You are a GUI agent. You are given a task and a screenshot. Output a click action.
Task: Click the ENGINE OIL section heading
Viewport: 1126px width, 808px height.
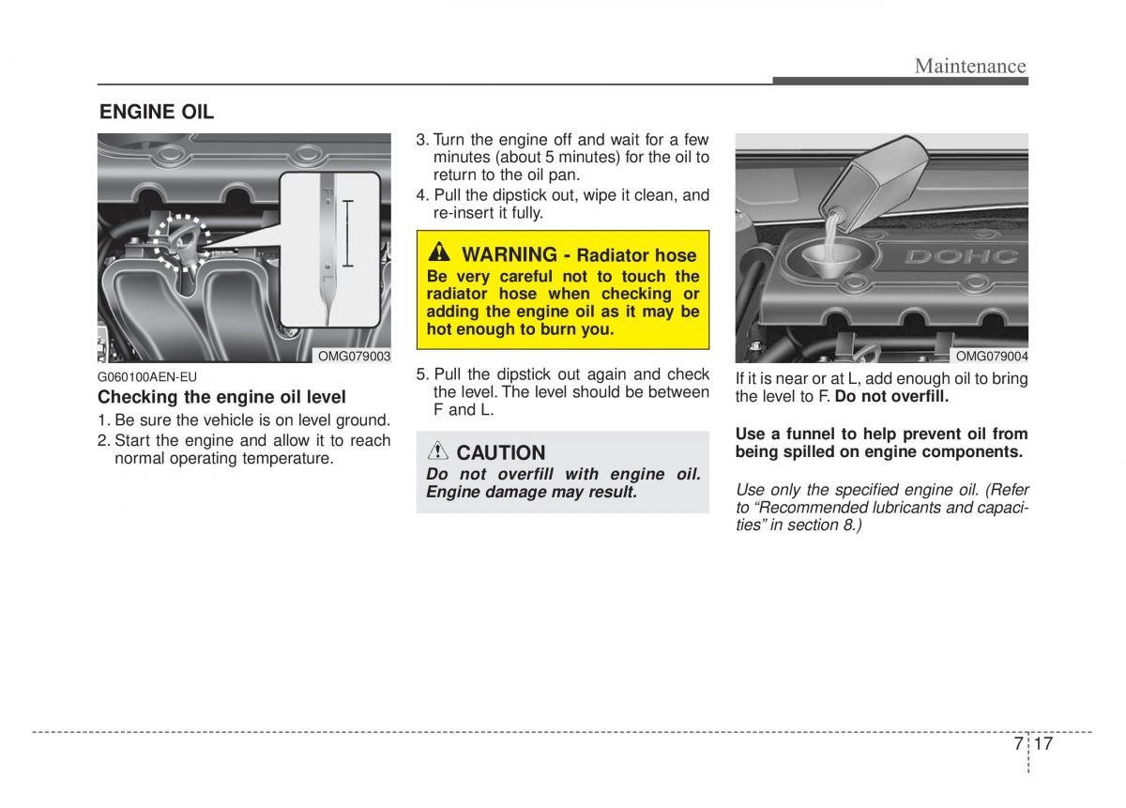(x=157, y=113)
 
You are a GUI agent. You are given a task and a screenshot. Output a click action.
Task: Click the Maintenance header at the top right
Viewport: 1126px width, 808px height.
(x=970, y=65)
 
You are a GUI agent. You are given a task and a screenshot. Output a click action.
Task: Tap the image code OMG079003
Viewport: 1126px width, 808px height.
(x=354, y=357)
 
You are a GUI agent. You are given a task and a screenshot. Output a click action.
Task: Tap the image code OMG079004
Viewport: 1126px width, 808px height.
(x=991, y=357)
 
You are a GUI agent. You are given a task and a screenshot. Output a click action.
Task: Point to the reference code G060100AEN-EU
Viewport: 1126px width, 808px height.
(x=147, y=377)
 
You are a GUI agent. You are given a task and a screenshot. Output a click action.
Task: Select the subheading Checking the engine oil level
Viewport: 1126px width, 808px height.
(x=221, y=397)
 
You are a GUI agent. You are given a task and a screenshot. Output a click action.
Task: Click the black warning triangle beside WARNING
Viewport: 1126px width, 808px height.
(x=439, y=253)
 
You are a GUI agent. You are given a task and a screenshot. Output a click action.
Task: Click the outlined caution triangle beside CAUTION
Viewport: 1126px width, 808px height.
(x=438, y=451)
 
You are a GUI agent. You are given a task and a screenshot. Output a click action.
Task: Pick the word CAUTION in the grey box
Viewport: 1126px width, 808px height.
(x=500, y=452)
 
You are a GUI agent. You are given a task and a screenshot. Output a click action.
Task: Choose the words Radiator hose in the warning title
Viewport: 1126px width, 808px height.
(x=636, y=255)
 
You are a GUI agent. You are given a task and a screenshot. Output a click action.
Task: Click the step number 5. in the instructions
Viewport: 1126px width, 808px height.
(x=422, y=374)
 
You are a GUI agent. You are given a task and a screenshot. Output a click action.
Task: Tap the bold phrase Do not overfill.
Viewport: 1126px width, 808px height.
(x=891, y=397)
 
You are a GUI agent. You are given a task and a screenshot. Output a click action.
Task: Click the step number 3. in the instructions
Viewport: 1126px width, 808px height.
(x=422, y=140)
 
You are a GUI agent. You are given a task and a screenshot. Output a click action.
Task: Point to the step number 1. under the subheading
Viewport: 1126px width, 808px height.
(x=104, y=420)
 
